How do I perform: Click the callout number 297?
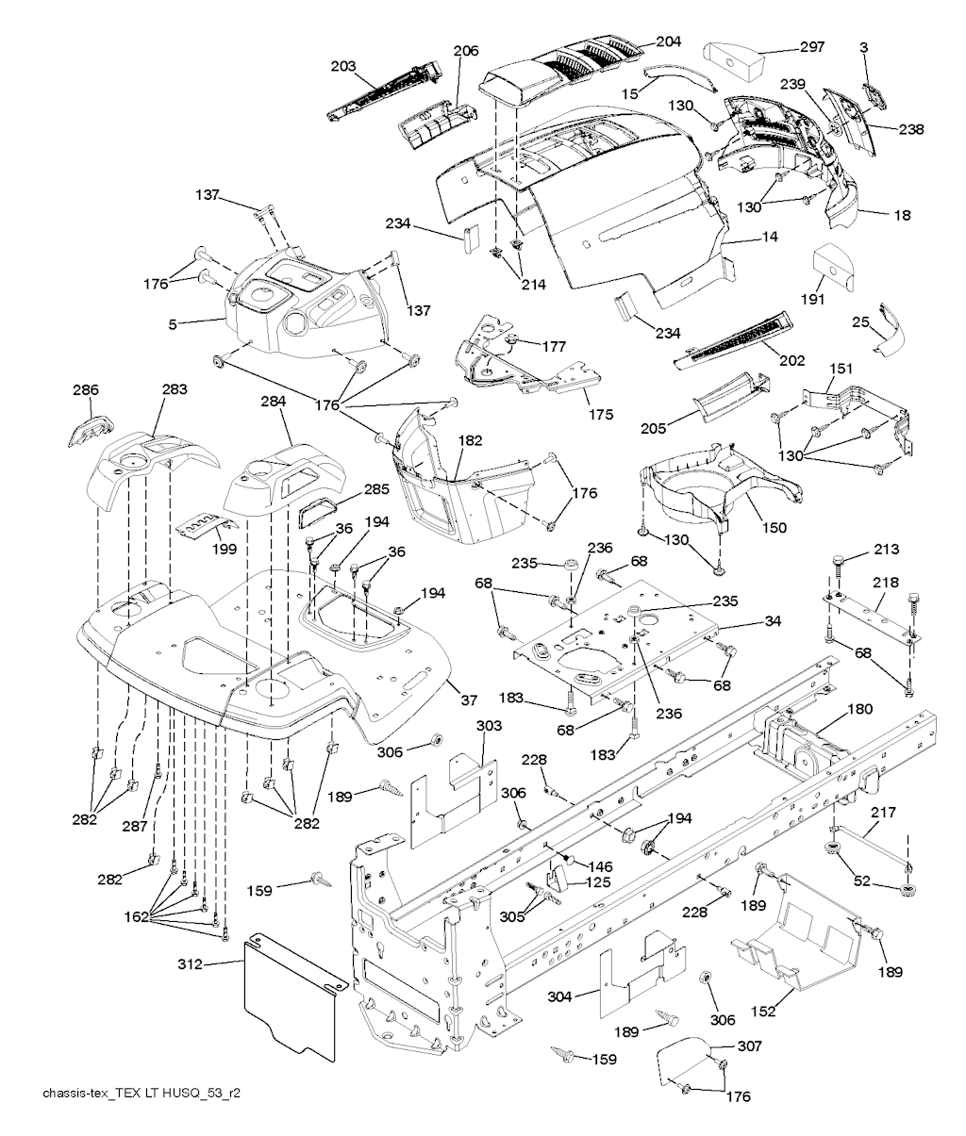click(x=812, y=47)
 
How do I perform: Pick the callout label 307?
click(x=750, y=1045)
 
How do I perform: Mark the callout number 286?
click(x=85, y=388)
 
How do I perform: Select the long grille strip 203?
click(x=387, y=90)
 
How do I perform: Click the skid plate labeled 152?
click(x=802, y=929)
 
